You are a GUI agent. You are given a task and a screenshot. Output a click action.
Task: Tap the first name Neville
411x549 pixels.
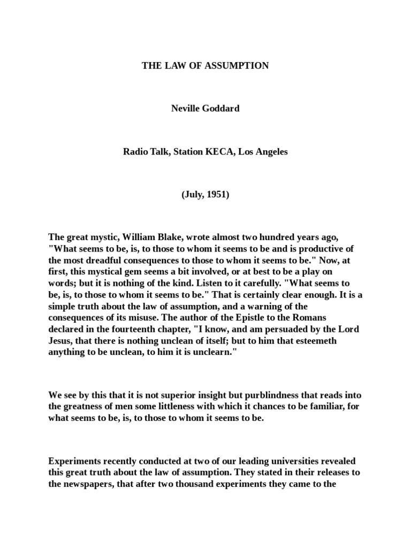[x=187, y=109]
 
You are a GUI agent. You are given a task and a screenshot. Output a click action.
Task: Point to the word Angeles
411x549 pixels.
[x=271, y=152]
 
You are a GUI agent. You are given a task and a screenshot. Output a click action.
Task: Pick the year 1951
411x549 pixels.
[x=217, y=195]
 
